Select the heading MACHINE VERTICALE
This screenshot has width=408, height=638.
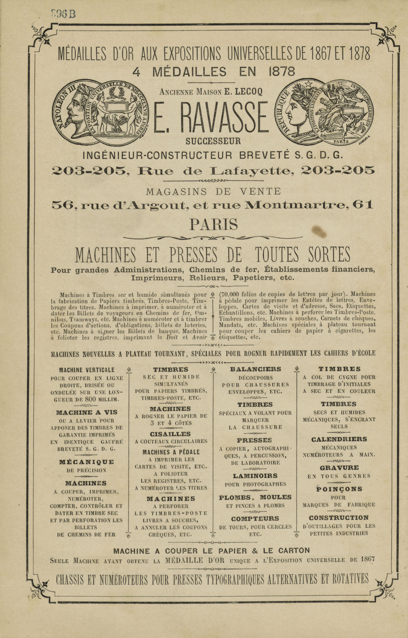coord(87,370)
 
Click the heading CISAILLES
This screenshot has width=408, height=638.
coord(170,434)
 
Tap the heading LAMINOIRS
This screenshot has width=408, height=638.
coord(255,476)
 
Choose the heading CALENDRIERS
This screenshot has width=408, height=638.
coord(339,439)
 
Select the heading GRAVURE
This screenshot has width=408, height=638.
coord(339,468)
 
